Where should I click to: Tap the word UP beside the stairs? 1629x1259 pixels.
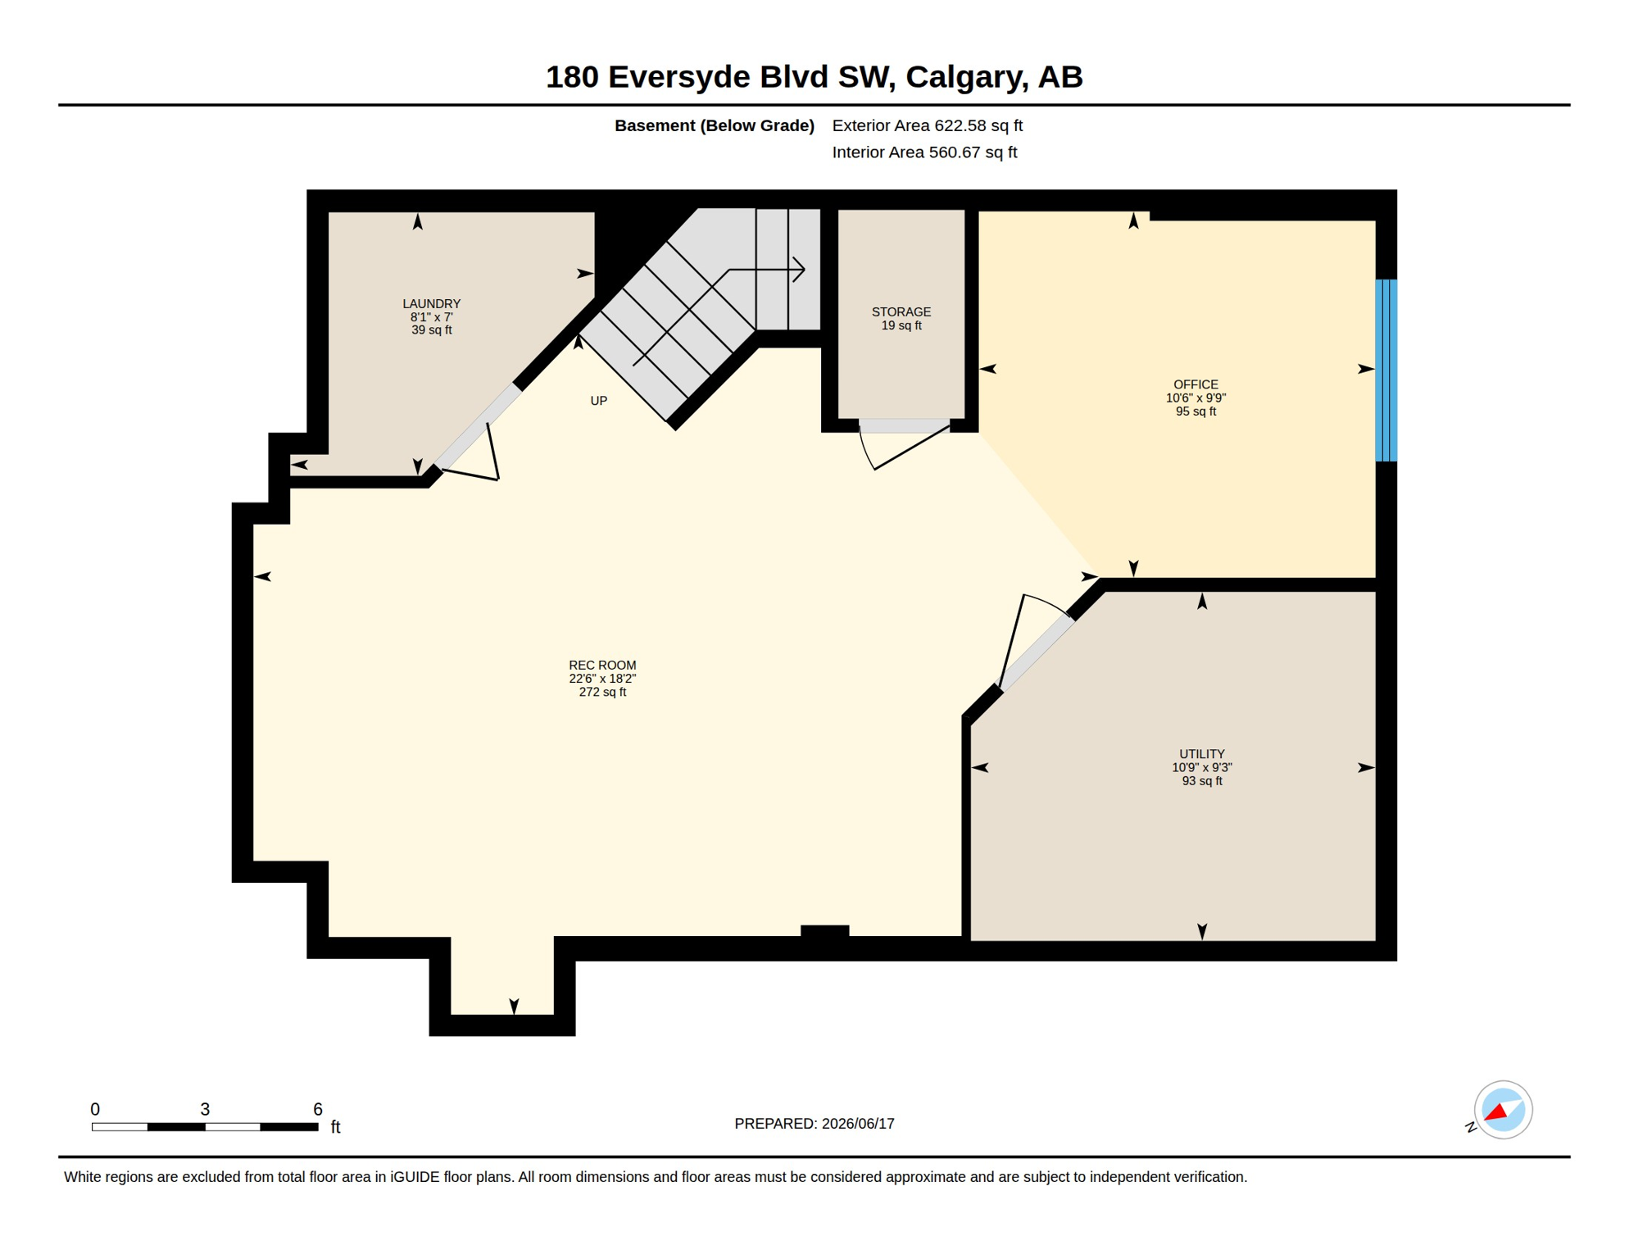599,401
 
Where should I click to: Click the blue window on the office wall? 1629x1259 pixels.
1386,370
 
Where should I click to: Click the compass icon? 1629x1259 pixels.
1503,1110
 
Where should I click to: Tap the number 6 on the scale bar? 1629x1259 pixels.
318,1109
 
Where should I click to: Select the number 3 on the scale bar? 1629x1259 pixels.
205,1109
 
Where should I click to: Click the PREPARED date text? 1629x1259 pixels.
814,1124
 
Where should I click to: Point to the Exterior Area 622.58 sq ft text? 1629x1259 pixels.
927,125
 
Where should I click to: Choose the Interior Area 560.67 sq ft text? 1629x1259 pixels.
924,152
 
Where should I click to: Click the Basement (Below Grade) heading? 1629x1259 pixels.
715,125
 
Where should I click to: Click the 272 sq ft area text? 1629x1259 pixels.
602,692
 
